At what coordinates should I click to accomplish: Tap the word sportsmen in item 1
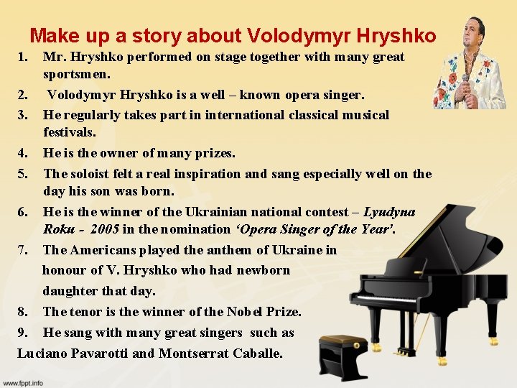pyautogui.click(x=76, y=74)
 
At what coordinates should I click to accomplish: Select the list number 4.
pyautogui.click(x=23, y=153)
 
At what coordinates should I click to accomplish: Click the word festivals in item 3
pyautogui.click(x=69, y=132)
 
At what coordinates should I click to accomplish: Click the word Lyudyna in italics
pyautogui.click(x=389, y=212)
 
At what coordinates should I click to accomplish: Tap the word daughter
pyautogui.click(x=68, y=291)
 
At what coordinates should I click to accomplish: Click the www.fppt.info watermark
pyautogui.click(x=22, y=382)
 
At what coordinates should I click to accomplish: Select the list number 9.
pyautogui.click(x=23, y=333)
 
